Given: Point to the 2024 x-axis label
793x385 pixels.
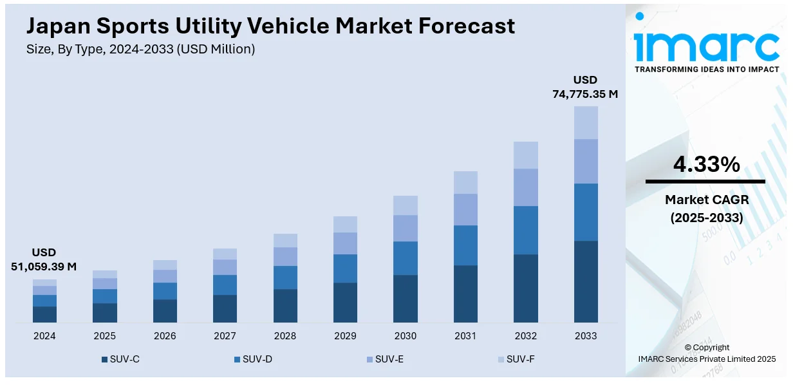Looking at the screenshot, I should (44, 336).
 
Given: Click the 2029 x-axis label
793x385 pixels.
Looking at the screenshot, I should (345, 336).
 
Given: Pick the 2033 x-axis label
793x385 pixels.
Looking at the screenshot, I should (586, 336).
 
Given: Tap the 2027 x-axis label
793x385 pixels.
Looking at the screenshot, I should (225, 336).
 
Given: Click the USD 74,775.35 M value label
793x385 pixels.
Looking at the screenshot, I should (585, 87).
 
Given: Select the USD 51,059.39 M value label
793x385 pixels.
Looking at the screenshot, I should (44, 259).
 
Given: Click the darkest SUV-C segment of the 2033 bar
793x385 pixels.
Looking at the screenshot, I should (586, 281).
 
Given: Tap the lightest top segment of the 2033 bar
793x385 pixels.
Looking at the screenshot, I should (586, 122).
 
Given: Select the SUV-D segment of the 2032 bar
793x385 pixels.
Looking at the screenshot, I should (526, 230).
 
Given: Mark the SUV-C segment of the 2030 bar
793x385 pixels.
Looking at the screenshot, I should (406, 299).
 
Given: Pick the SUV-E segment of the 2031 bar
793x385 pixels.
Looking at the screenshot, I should (465, 209).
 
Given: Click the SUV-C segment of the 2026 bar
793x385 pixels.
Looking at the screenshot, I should (165, 311).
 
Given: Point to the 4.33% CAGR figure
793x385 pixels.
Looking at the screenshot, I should (706, 165).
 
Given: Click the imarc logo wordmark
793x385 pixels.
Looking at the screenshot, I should (706, 44).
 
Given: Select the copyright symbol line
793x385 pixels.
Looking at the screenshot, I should (706, 348).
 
